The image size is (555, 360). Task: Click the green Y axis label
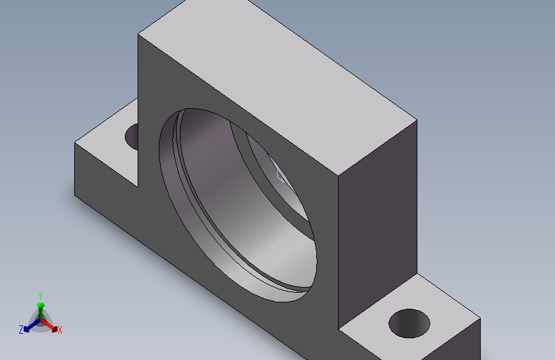pos(40,295)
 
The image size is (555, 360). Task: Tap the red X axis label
pos(60,331)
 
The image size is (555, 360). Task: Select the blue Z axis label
pos(21,330)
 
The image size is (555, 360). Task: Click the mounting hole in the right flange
pos(409,323)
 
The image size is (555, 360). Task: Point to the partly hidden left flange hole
pos(132,137)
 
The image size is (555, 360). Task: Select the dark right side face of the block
pos(377,223)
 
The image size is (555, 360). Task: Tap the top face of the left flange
pos(106,142)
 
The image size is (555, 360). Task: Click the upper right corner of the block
pos(417,120)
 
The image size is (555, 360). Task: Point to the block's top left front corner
pos(138,35)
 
